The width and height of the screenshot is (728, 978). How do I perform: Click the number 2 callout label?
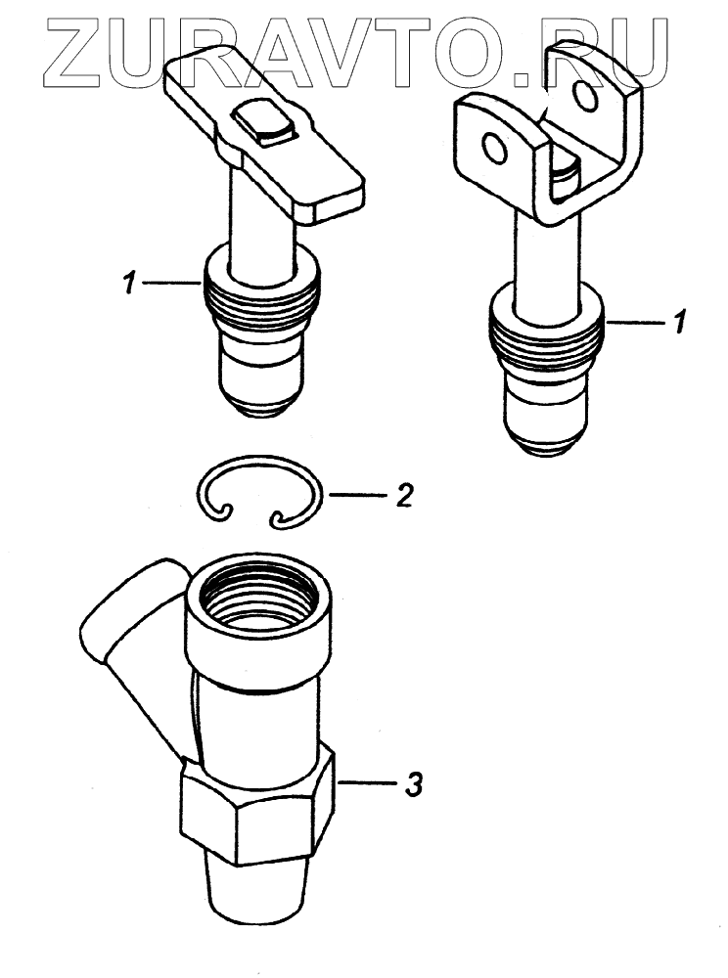pyautogui.click(x=402, y=496)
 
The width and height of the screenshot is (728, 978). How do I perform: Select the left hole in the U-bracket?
pyautogui.click(x=497, y=148)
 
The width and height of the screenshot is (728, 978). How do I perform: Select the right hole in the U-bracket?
pyautogui.click(x=587, y=97)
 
